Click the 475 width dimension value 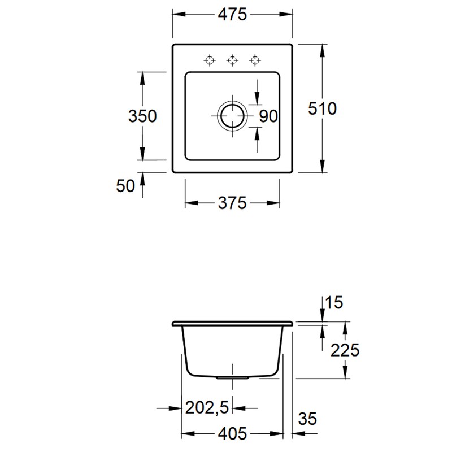point(232,15)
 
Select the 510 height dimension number point(322,108)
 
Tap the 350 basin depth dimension point(142,116)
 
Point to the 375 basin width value point(232,203)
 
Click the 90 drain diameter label point(268,116)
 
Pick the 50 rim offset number point(125,186)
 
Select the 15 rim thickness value point(334,303)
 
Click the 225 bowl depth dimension point(345,350)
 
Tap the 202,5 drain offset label point(207,407)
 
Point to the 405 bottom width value point(232,433)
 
